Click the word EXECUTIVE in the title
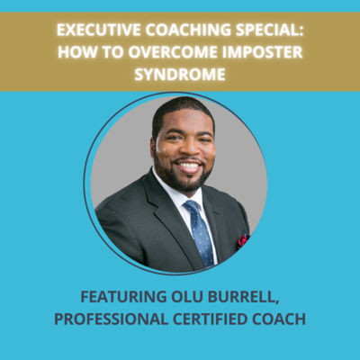[99, 30]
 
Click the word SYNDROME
[180, 74]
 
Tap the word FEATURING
[123, 297]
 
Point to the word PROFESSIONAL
[111, 319]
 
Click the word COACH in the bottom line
[279, 319]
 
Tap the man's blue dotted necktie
[200, 231]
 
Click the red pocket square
[243, 239]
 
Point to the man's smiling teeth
[189, 166]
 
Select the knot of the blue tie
[192, 208]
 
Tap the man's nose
[186, 148]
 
